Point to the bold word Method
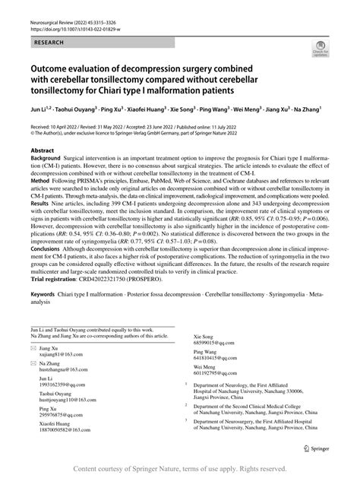pos(39,182)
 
